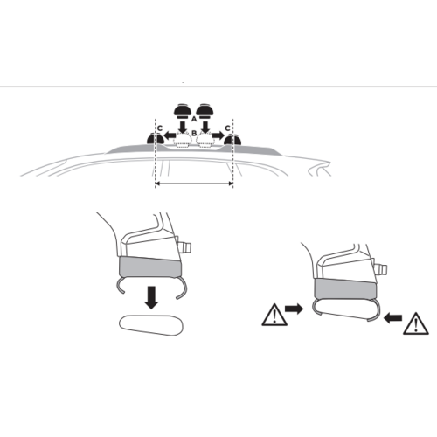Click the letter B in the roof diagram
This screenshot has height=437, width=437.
[x=194, y=135]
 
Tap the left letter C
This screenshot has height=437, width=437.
[x=158, y=128]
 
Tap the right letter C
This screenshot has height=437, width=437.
[x=229, y=128]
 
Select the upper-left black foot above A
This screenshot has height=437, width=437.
[x=184, y=110]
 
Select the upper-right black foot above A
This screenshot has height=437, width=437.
[x=206, y=110]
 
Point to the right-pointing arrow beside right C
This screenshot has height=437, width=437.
[x=217, y=135]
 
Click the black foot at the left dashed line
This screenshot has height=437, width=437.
[x=156, y=140]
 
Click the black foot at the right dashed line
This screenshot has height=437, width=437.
[x=232, y=140]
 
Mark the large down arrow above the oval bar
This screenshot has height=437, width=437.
[x=152, y=297]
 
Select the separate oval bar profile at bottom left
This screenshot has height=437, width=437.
[x=151, y=325]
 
